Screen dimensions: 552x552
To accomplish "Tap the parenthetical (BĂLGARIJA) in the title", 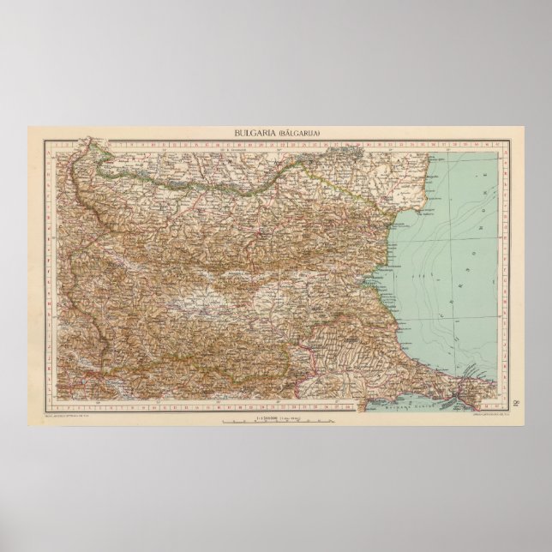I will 299,134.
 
